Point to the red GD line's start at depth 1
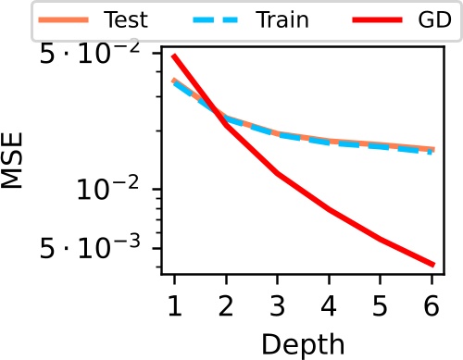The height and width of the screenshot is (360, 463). [174, 56]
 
